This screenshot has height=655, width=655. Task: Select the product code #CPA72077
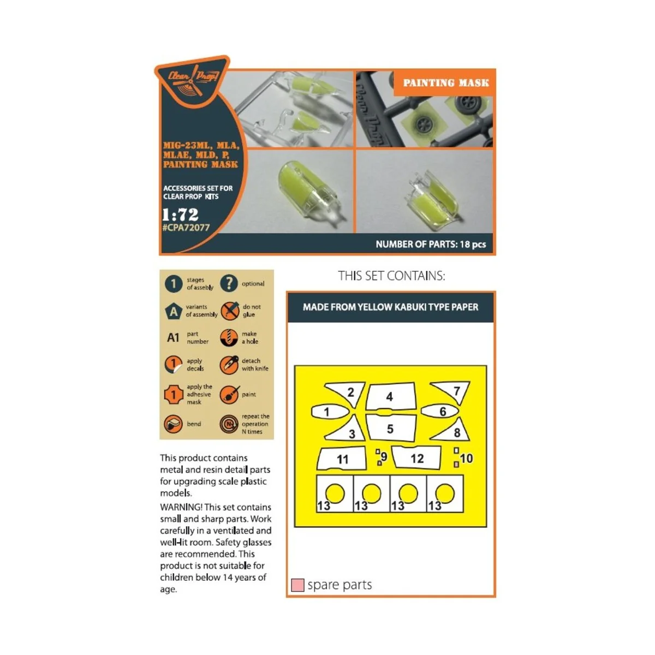pos(186,228)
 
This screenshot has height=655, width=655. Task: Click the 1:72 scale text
pos(180,214)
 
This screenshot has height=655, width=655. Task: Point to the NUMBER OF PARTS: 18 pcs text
pos(431,244)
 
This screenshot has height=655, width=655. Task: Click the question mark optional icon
pos(229,283)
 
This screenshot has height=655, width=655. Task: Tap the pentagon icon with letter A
pos(174,311)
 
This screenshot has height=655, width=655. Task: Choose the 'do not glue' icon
pos(230,311)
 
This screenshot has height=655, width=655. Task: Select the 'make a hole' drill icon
pos(229,337)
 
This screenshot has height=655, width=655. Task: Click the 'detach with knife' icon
pos(229,365)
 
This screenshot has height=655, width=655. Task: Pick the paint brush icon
pos(229,395)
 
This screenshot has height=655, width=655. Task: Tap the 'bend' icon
pos(174,424)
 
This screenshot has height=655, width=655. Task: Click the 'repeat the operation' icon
pos(229,424)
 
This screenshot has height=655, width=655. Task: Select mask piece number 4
pos(391,396)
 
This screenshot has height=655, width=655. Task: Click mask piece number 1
pos(330,412)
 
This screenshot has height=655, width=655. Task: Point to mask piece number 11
pos(342,459)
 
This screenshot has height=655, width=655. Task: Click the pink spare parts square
pos(297,585)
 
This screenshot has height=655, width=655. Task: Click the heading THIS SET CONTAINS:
pos(391,276)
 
